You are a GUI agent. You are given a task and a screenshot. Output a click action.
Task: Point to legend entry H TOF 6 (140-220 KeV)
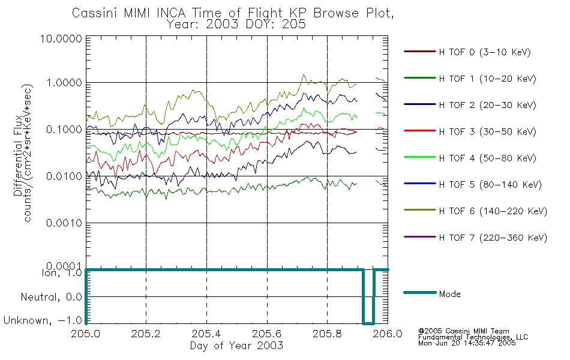pos(493,211)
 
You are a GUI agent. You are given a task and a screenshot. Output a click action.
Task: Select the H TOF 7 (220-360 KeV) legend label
pos(493,238)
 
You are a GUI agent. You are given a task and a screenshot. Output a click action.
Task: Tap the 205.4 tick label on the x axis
pos(206,335)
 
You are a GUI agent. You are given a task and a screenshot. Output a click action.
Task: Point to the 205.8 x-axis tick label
pos(327,335)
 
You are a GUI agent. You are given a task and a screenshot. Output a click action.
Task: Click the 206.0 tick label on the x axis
pos(388,335)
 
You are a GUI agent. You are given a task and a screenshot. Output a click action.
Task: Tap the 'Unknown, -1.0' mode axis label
pos(43,321)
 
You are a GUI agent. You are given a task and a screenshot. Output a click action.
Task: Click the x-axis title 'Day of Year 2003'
pos(236,346)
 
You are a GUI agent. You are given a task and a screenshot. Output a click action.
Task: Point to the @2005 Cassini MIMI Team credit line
pos(464,331)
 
